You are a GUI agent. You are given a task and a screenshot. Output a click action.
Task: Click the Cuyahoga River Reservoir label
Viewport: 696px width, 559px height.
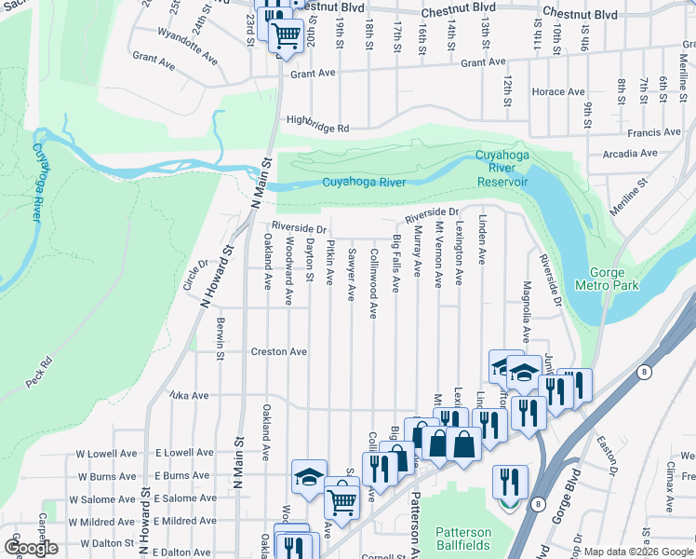(502, 168)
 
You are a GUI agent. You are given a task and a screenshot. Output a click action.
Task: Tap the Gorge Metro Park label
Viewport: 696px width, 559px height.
(608, 279)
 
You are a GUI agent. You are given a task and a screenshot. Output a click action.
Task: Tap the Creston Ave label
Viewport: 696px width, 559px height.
(278, 352)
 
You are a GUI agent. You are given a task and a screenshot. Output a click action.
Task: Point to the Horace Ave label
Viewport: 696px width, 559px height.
(557, 92)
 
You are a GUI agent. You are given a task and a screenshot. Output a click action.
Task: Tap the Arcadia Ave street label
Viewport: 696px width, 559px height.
(630, 154)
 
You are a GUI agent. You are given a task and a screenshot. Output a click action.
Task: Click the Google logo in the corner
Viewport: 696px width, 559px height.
(31, 548)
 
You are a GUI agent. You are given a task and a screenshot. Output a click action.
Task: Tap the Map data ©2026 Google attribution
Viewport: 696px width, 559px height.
(638, 552)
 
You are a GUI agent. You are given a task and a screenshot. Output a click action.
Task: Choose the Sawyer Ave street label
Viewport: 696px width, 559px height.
(351, 275)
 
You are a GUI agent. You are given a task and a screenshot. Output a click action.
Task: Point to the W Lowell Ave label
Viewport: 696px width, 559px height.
(105, 452)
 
